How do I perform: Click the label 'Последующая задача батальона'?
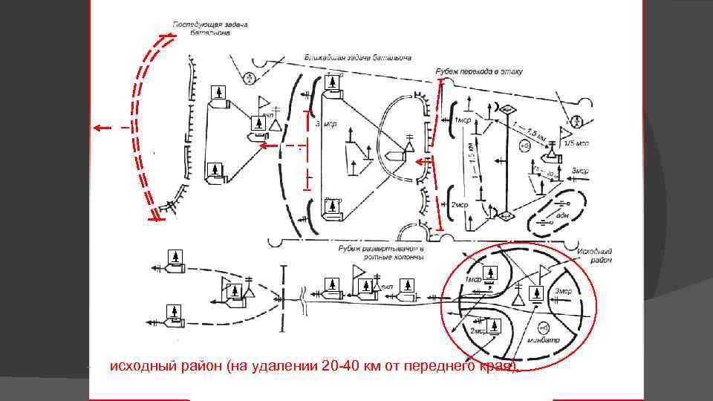click(210, 29)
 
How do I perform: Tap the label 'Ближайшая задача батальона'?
click(358, 57)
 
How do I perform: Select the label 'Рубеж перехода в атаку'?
click(479, 71)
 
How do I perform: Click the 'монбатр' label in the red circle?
click(543, 341)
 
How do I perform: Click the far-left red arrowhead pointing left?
click(97, 128)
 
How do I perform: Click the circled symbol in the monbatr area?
click(543, 327)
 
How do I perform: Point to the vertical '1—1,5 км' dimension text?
click(472, 160)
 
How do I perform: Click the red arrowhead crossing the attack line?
click(420, 162)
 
